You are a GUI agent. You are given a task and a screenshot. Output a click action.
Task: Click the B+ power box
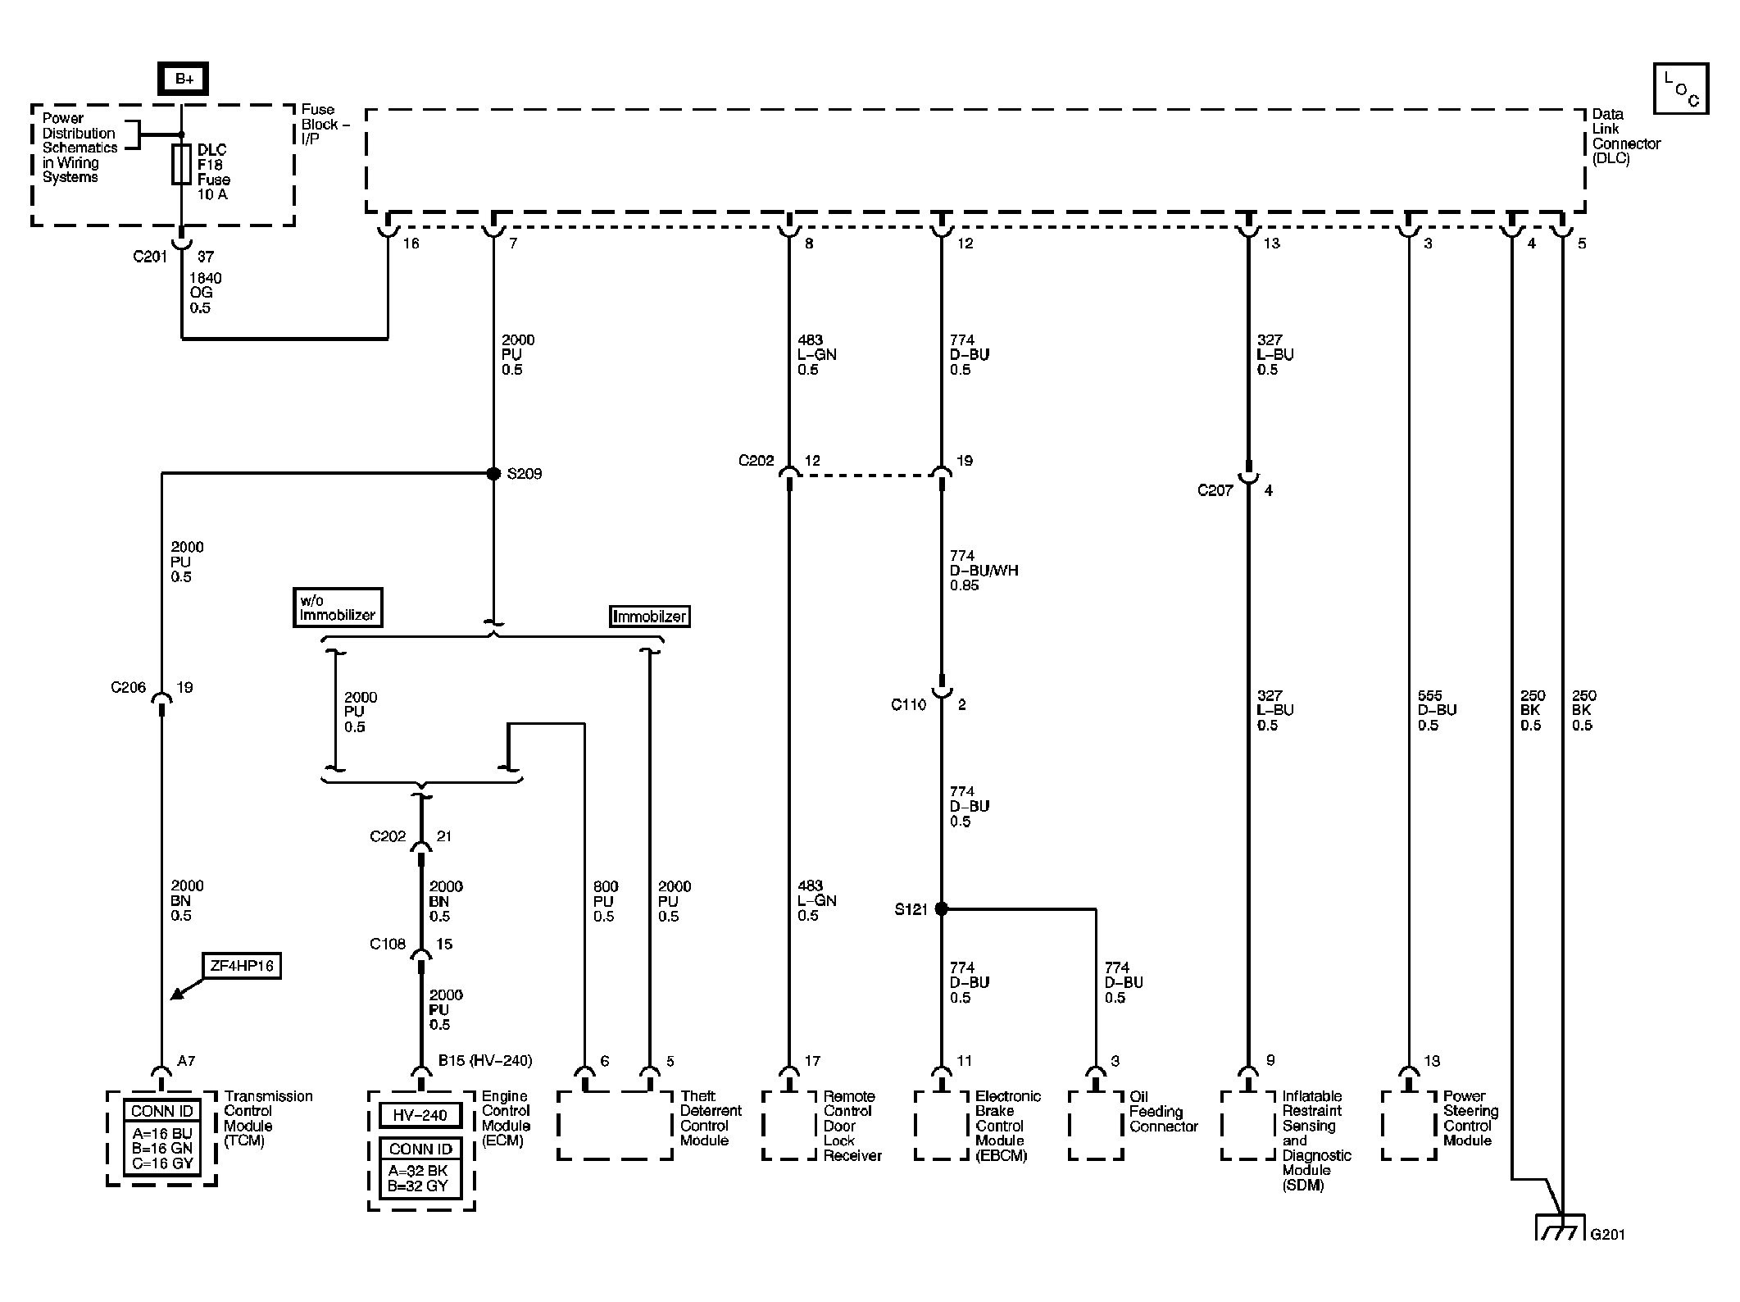(x=183, y=79)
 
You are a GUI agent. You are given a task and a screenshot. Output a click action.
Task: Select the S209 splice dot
(x=493, y=474)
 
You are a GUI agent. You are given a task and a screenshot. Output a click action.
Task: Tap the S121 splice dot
(x=941, y=908)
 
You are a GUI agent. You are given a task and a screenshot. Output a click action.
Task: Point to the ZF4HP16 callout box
(x=242, y=966)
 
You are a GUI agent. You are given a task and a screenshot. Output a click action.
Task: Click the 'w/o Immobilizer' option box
(x=338, y=608)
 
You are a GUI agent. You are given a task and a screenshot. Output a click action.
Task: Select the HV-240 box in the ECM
(x=420, y=1116)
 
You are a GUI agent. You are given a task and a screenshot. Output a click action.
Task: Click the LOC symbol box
(x=1681, y=89)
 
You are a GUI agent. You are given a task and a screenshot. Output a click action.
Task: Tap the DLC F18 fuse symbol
(x=182, y=165)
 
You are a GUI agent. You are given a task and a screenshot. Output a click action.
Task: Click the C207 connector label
(x=1215, y=490)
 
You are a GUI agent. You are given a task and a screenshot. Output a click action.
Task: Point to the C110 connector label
(x=908, y=704)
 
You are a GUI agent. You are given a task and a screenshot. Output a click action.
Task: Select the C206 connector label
(x=128, y=687)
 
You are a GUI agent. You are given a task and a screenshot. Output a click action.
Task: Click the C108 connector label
(x=388, y=944)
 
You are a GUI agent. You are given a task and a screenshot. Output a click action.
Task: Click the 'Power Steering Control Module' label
(x=1470, y=1118)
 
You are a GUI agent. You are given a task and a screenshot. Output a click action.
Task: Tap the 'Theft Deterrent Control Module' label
(x=711, y=1118)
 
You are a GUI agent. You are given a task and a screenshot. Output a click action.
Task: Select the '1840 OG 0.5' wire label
(x=206, y=293)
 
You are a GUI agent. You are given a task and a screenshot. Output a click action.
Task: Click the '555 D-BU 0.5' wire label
(x=1437, y=710)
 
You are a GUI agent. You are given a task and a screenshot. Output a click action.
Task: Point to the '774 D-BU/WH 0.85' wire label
(x=984, y=571)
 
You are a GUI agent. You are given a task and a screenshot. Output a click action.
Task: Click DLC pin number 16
(x=411, y=244)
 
